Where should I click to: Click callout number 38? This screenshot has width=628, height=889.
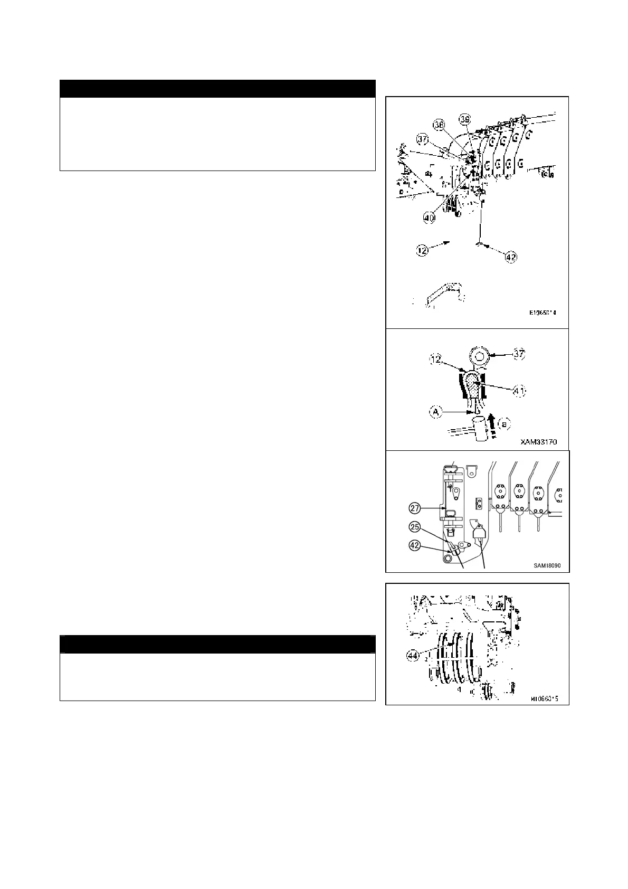(439, 125)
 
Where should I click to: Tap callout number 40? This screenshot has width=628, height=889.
(429, 216)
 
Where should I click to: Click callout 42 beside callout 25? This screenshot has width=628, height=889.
(415, 546)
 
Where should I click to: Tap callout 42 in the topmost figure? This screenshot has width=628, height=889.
(511, 257)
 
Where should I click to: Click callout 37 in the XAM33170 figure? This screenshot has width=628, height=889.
(520, 354)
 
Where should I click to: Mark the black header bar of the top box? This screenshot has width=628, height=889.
(217, 89)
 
